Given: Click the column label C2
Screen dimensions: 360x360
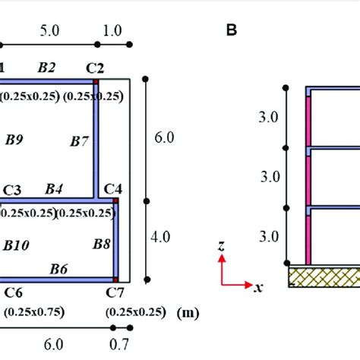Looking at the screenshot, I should click(x=95, y=68).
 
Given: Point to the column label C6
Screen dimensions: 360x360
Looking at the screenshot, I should click(x=12, y=292).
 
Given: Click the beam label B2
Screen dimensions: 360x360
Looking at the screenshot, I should click(x=46, y=68).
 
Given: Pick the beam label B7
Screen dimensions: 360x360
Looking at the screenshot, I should click(x=79, y=141).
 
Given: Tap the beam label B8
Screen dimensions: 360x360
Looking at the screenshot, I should click(x=102, y=243).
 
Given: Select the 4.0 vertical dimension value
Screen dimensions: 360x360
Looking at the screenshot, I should click(x=161, y=236).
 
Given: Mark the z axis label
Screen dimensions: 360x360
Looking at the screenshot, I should click(x=219, y=246).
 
